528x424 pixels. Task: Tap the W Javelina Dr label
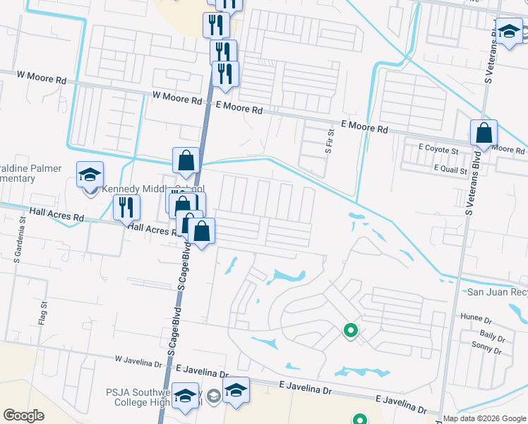click(139, 362)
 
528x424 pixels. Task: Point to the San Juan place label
click(497, 292)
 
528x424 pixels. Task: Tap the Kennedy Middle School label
click(153, 189)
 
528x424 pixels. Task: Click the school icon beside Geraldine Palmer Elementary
click(90, 174)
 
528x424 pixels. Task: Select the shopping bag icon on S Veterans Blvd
click(484, 132)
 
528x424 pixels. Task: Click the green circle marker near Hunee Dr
click(349, 329)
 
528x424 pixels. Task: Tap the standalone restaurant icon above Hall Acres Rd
click(126, 206)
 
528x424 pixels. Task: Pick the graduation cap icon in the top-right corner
click(509, 31)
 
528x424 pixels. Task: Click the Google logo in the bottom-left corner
click(23, 416)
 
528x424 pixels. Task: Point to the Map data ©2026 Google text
click(484, 418)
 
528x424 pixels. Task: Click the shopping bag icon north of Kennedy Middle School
click(186, 160)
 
